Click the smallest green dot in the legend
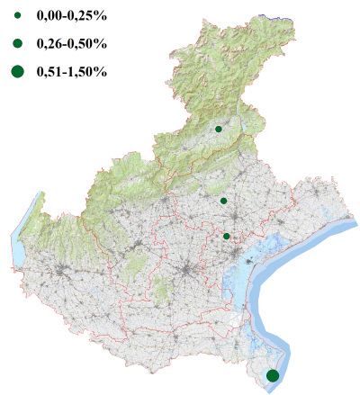tap(17, 16)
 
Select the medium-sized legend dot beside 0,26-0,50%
tap(17, 42)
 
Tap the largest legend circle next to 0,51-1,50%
tap(17, 71)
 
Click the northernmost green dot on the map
tap(219, 130)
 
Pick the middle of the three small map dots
tap(223, 201)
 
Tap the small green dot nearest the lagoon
tap(227, 237)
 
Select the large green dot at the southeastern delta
tap(273, 375)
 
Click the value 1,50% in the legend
tap(89, 71)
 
